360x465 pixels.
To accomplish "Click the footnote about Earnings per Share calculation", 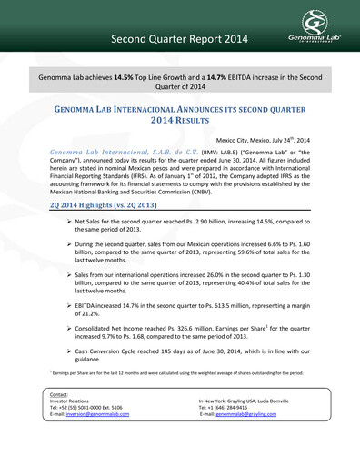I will tap(182, 398).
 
